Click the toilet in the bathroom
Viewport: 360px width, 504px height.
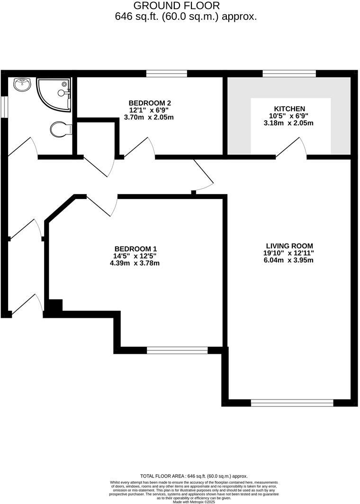59,128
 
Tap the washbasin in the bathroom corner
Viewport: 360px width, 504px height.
23,85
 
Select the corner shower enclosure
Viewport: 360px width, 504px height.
54,93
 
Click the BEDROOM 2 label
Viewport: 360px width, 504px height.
149,103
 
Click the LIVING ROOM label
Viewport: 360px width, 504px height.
289,245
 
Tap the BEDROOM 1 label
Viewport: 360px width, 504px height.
135,249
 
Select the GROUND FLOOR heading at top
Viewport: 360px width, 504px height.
176,6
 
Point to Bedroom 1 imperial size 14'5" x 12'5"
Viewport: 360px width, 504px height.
135,256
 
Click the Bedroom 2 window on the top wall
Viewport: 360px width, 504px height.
167,73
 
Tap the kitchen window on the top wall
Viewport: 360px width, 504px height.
289,73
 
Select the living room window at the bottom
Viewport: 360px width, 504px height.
292,403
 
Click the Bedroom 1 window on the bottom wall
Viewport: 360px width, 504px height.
177,351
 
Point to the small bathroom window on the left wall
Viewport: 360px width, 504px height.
3,106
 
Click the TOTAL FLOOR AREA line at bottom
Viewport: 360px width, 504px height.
194,476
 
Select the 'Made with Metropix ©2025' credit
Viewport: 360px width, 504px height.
194,502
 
